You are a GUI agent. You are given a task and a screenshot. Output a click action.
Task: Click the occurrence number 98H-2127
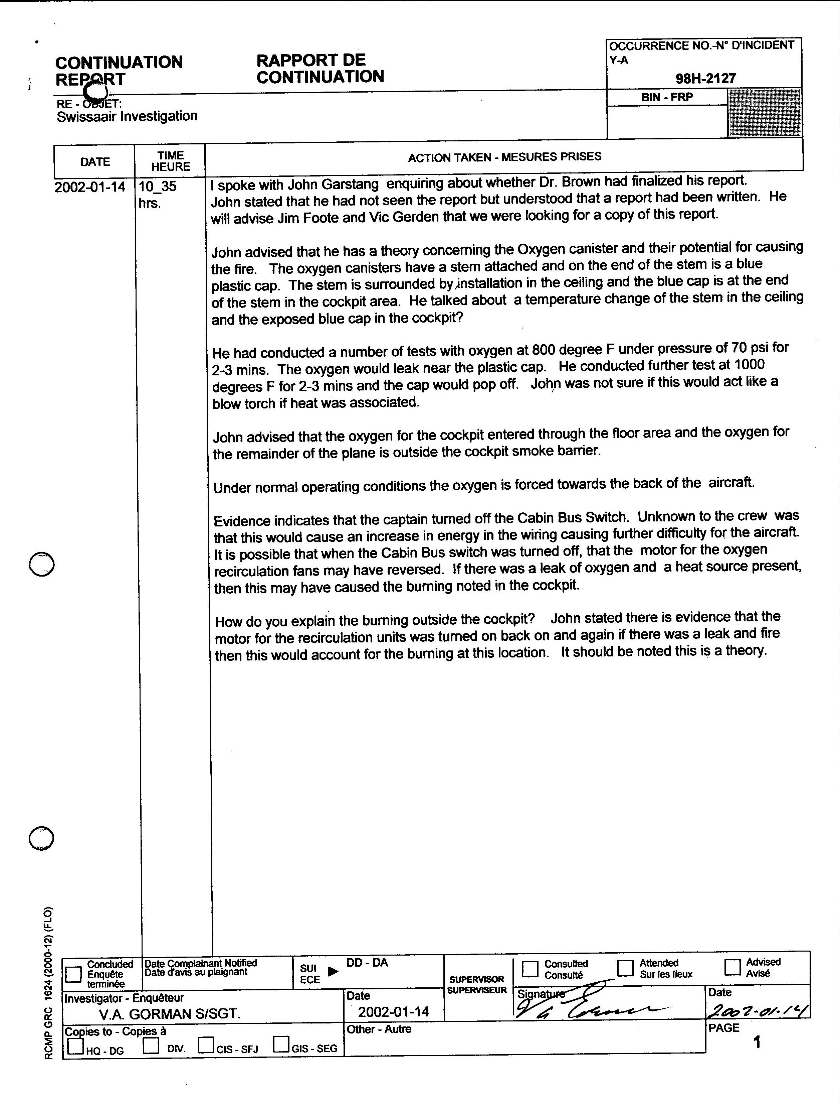[x=705, y=79]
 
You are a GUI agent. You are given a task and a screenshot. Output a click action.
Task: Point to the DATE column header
[x=95, y=162]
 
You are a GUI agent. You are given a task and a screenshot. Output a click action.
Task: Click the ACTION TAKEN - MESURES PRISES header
[x=504, y=157]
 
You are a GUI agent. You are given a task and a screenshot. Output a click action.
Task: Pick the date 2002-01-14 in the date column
[x=90, y=187]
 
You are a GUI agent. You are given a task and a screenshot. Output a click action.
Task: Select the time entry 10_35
[x=158, y=187]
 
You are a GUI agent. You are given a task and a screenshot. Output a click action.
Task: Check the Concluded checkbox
[x=73, y=974]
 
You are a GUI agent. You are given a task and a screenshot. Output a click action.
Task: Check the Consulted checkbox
[x=530, y=969]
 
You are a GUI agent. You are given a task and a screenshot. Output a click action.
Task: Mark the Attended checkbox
[x=625, y=968]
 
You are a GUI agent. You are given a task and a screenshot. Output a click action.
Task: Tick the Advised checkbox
[x=732, y=967]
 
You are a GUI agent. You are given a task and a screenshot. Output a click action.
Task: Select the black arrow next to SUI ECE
[x=333, y=971]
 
